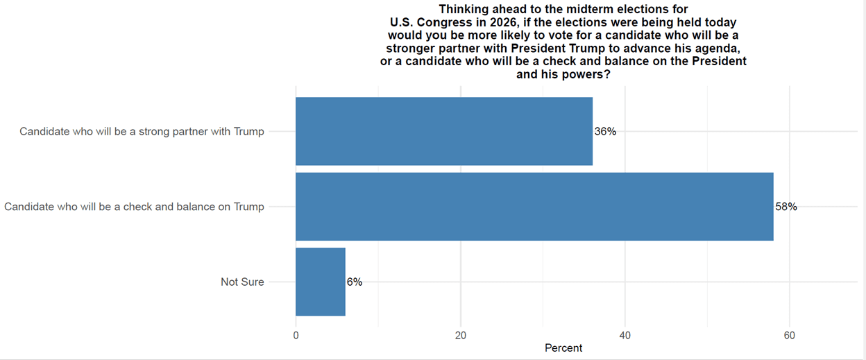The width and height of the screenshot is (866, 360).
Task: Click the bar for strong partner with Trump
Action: click(444, 131)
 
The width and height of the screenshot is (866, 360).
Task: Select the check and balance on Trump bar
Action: click(534, 207)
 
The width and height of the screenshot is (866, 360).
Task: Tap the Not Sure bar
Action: click(321, 282)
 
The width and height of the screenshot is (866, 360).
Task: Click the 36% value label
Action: click(605, 132)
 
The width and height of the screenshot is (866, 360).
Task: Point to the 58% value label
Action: click(786, 207)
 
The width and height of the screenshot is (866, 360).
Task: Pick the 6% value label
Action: click(354, 282)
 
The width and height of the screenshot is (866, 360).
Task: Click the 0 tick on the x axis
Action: click(296, 335)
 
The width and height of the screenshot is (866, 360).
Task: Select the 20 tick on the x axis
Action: click(460, 335)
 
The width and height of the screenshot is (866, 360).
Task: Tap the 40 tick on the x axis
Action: click(625, 335)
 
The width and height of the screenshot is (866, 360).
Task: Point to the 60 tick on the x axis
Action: click(789, 335)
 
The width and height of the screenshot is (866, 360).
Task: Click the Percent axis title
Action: click(563, 348)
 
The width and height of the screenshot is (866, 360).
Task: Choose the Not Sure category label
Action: click(242, 282)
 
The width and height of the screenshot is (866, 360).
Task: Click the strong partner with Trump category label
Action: click(142, 132)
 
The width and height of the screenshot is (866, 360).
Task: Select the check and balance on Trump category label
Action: click(134, 207)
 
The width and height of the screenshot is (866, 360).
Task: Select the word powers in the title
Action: click(580, 74)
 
